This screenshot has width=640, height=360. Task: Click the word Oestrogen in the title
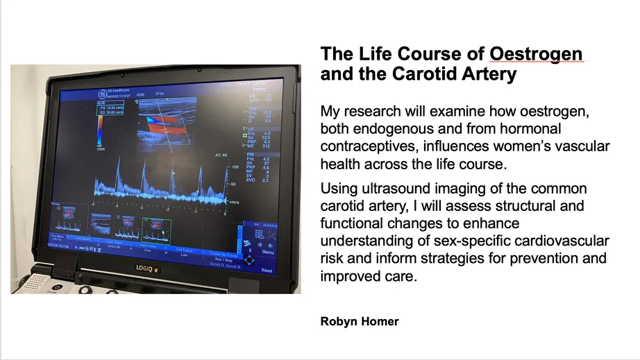pos(535,55)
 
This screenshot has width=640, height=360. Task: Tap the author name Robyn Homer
pos(360,321)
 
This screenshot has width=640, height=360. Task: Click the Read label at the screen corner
pos(267,270)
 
